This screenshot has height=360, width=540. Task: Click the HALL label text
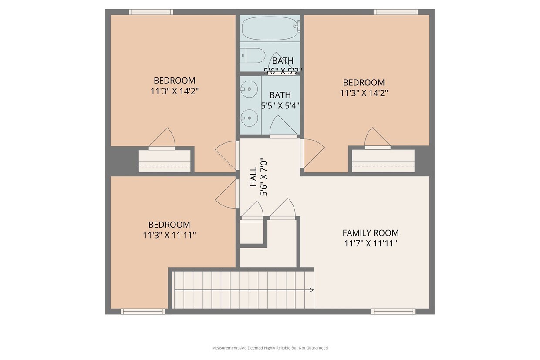(x=253, y=178)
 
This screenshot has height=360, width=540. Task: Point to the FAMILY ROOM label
(x=370, y=233)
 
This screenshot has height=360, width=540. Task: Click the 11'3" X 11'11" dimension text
(x=169, y=236)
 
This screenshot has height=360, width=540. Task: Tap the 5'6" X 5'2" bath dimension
(x=283, y=71)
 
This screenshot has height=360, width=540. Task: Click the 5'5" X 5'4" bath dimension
(x=280, y=105)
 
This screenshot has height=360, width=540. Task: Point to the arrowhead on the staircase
(x=311, y=290)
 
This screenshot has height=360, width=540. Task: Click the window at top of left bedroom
(x=151, y=12)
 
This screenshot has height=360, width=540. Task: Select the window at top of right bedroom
(x=395, y=12)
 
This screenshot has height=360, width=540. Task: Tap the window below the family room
(x=393, y=311)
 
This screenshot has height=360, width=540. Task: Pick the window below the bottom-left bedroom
(x=142, y=311)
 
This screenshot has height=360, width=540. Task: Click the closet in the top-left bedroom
(x=165, y=161)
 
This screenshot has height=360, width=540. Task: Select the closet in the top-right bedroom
(x=383, y=161)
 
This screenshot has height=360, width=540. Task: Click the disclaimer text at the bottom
(x=270, y=348)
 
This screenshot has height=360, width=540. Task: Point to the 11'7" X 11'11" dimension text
(x=370, y=243)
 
